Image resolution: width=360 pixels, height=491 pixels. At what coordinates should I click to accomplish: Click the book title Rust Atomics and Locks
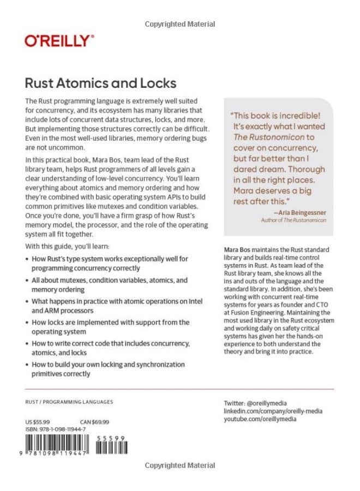(x=101, y=83)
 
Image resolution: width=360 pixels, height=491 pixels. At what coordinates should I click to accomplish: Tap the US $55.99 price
(x=37, y=422)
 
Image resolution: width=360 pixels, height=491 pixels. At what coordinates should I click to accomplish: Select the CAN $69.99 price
(x=95, y=422)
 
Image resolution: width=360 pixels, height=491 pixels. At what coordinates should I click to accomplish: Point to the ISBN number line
(x=56, y=429)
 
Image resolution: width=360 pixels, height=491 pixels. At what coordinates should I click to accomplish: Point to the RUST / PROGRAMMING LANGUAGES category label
(x=69, y=402)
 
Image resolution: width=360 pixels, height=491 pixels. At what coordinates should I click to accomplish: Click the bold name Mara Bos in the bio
(x=236, y=249)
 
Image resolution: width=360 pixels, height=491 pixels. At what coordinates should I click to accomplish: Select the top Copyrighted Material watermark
(x=180, y=24)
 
